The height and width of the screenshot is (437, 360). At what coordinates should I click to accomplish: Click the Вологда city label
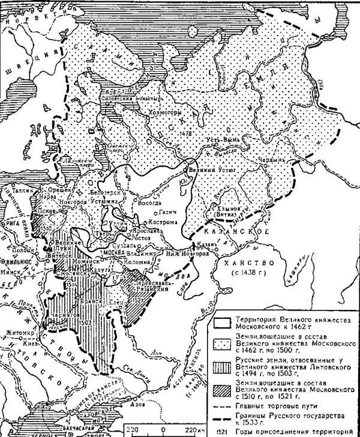tap(147, 204)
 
